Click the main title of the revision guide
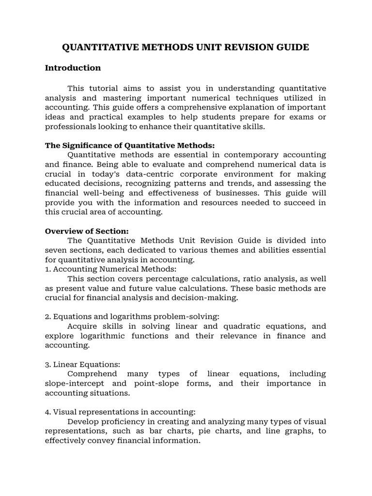[x=186, y=47]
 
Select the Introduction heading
[x=73, y=68]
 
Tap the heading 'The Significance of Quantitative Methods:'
[x=129, y=145]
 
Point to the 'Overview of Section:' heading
[x=87, y=231]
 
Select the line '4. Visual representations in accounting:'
[x=120, y=412]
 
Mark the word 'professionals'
[x=71, y=127]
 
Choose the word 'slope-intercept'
[x=76, y=384]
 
